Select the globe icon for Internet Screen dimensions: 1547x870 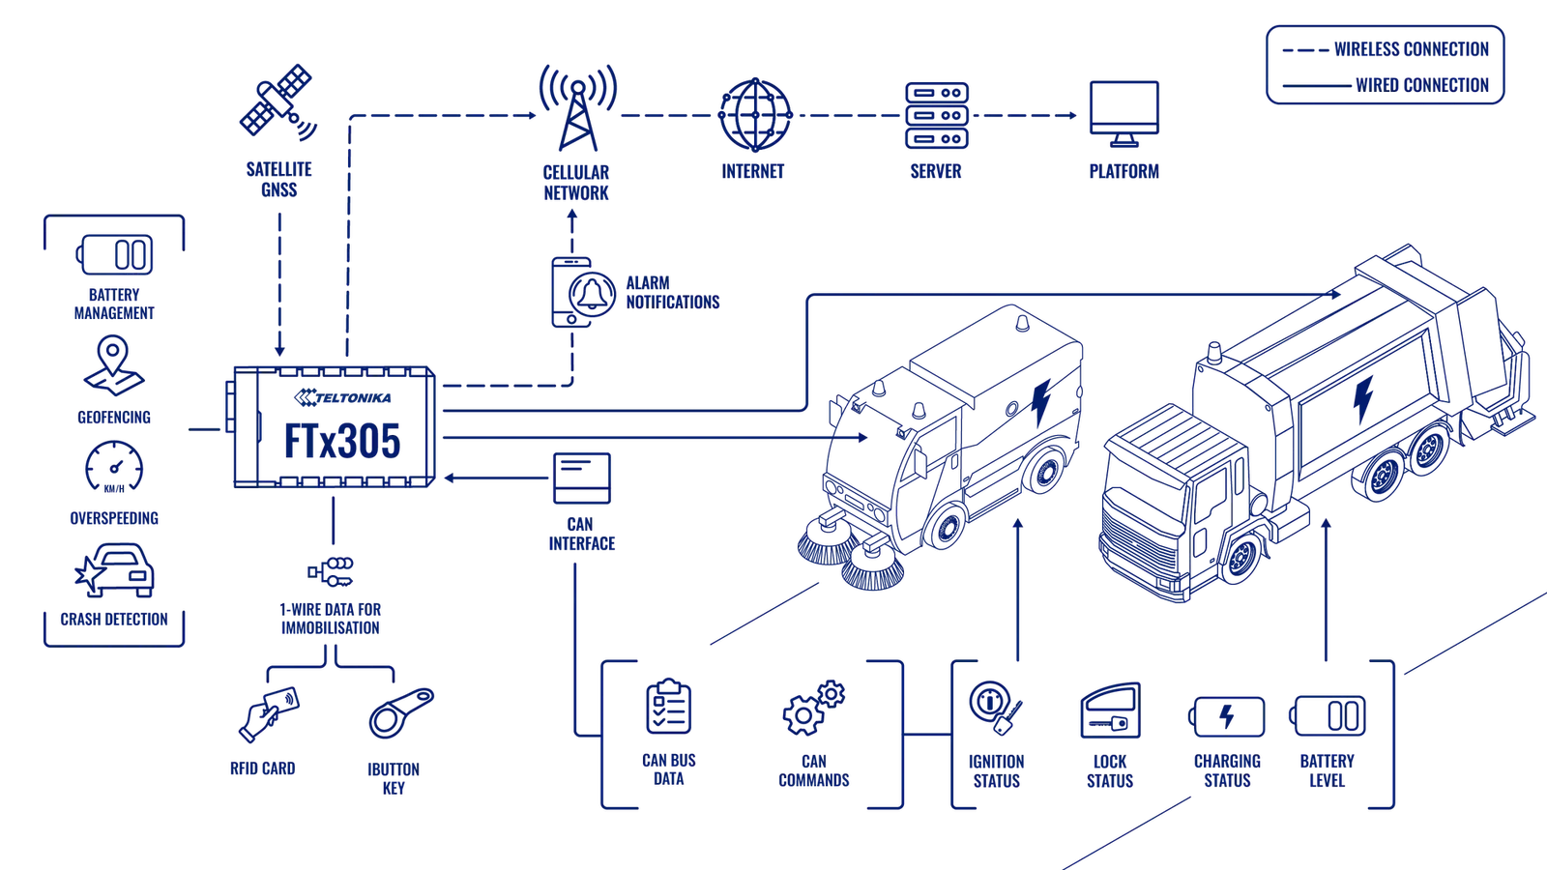[755, 115]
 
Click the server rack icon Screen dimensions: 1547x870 [937, 115]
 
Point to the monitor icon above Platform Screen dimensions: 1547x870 [1124, 113]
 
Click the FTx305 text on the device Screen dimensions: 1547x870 [342, 441]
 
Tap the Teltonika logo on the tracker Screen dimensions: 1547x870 [342, 397]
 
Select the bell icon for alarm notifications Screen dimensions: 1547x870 [592, 294]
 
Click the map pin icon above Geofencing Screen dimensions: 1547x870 [113, 366]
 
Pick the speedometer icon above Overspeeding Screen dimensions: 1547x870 [114, 467]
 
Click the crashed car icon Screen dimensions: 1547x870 [114, 569]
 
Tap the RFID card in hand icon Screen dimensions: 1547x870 [269, 714]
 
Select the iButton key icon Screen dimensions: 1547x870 [401, 713]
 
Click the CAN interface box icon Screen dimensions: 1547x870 [581, 478]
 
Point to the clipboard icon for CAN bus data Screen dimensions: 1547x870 [668, 706]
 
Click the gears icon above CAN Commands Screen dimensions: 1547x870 [813, 708]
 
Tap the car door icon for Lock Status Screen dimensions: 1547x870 [1110, 710]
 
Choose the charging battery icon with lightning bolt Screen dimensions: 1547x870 [1227, 716]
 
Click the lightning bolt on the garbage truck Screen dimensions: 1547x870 [1362, 399]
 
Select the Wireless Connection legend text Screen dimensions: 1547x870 [1411, 49]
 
